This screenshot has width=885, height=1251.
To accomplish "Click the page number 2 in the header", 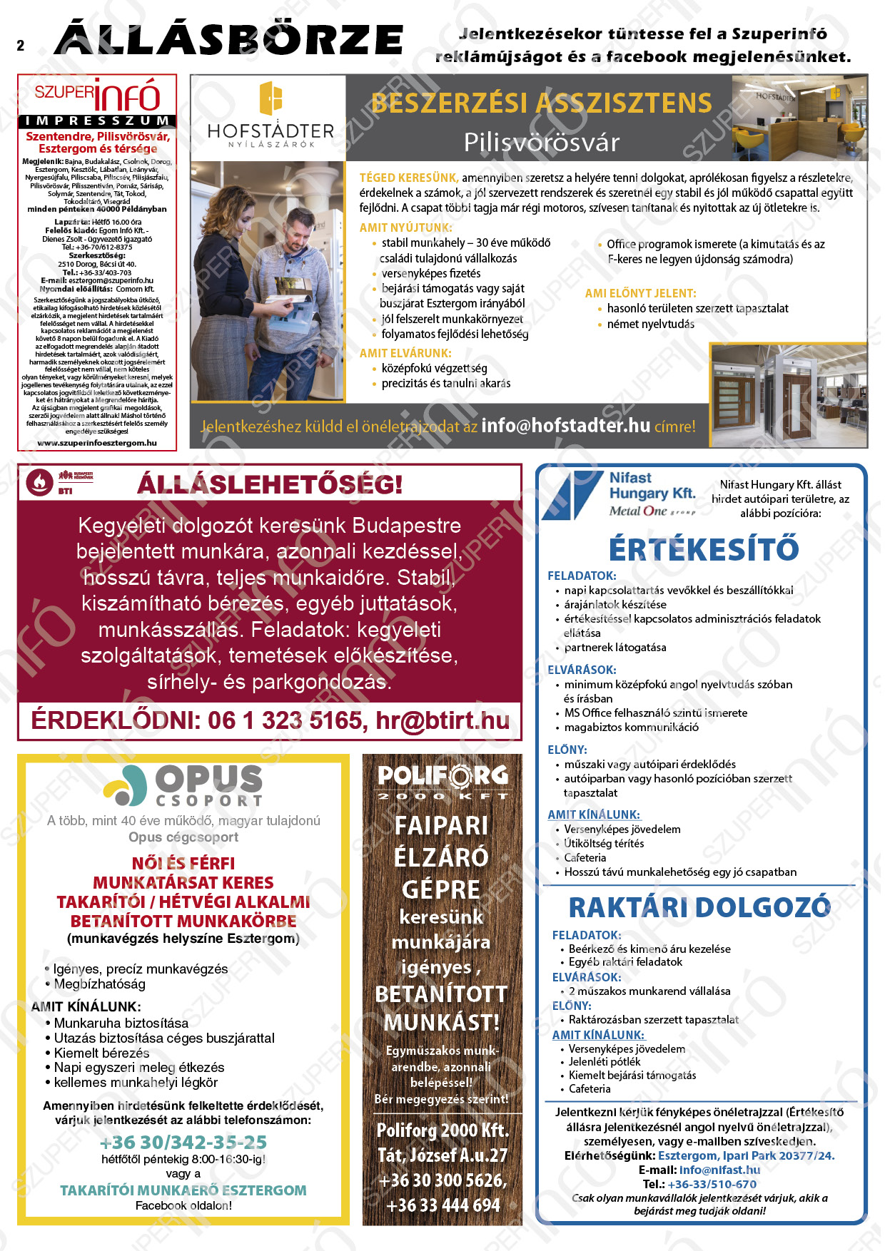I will pos(21,46).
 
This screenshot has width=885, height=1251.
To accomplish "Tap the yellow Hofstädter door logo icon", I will pos(270,98).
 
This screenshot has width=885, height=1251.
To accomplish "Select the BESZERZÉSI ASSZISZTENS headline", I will pos(541,103).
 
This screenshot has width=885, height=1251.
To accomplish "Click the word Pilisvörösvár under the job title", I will pos(541,142).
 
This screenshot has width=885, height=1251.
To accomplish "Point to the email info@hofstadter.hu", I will pos(565,426).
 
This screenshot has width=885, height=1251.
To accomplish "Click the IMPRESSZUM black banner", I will pos(97,121).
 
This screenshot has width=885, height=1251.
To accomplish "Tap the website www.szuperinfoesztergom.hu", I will pos(97,443).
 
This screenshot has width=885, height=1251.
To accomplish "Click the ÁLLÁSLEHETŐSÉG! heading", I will pos(270,485).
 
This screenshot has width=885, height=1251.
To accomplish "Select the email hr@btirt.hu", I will pos(442,720).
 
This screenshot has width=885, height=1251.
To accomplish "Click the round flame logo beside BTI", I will pos(39,483).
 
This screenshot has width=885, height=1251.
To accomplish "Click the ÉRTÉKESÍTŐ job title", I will pos(703,549).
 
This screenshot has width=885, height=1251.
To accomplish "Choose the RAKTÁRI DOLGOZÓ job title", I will pos(699,907).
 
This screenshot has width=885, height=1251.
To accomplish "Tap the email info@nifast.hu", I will pos(719,1170).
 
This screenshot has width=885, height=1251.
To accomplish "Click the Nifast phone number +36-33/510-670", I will pos(712,1184).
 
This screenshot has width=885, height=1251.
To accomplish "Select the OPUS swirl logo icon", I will pos(126,785).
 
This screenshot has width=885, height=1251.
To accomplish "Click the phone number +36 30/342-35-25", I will pos(183,1142).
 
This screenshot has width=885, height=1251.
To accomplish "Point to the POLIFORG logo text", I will pos(442,776).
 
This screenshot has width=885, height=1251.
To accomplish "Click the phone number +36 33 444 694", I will pos(442,1205).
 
